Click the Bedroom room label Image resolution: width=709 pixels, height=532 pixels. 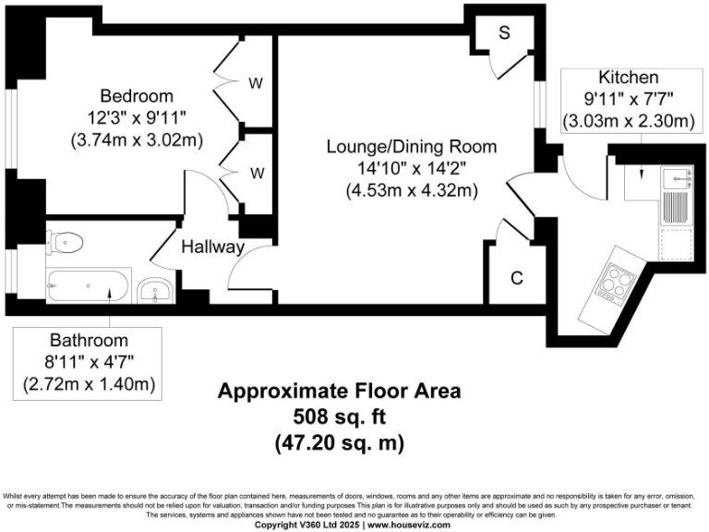click(137, 96)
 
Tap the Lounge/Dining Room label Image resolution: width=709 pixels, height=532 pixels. click(411, 147)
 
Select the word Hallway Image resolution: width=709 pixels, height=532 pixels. click(212, 248)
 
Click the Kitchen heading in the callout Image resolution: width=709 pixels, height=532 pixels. click(628, 78)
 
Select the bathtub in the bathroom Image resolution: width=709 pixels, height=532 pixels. click(89, 286)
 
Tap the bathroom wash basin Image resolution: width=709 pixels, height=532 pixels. click(151, 293)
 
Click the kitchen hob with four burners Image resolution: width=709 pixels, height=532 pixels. click(613, 276)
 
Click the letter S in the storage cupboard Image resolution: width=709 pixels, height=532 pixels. click(504, 34)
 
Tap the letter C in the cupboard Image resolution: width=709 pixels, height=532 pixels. click(517, 278)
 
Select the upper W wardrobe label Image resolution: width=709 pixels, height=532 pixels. click(256, 83)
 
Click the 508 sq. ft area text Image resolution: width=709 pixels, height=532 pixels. click(339, 417)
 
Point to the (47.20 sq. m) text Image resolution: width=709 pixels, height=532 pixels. click(339, 442)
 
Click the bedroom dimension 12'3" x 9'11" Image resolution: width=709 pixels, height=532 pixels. click(137, 118)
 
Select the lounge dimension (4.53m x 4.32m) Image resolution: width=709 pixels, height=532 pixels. click(411, 191)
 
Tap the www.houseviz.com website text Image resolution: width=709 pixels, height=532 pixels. click(408, 525)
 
